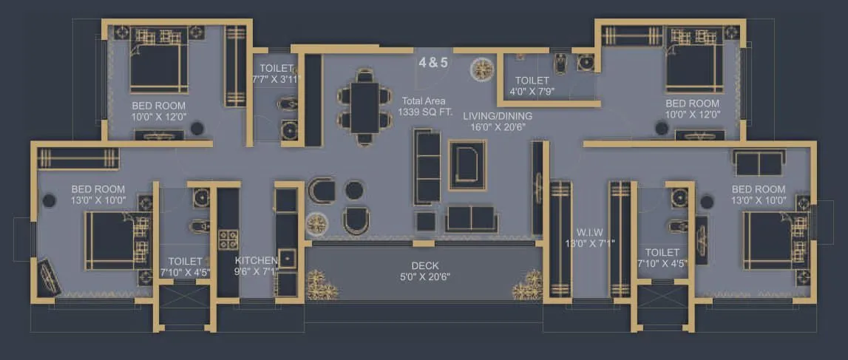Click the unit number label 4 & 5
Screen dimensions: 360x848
point(433,63)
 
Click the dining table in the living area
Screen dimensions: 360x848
point(364,106)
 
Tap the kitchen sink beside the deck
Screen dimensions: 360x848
point(287,258)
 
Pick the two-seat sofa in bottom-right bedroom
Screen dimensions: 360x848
point(759,163)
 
